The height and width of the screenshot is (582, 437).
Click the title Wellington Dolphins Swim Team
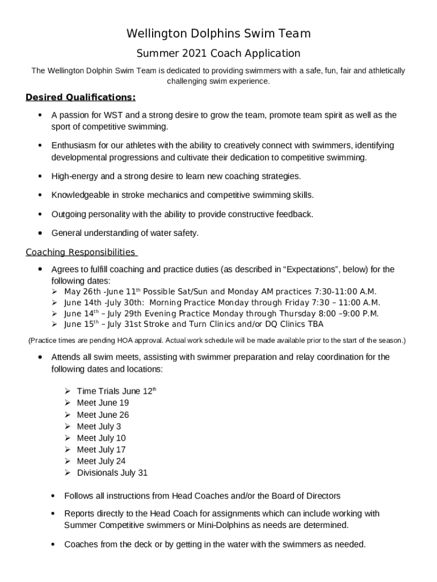pos(218,34)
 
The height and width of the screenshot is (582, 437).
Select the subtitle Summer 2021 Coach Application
pos(218,53)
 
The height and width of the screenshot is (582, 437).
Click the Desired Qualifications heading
pos(81,97)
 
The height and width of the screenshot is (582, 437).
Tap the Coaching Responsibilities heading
pos(81,252)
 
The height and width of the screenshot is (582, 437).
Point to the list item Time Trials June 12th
pos(116,391)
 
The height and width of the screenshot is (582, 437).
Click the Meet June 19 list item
pos(103,403)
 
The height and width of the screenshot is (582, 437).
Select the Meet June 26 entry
pos(103,415)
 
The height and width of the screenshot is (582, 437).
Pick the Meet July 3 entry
pos(99,426)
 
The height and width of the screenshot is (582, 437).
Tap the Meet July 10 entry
pos(101,438)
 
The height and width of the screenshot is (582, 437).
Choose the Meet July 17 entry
pos(101,450)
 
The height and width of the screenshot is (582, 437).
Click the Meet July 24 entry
pos(101,461)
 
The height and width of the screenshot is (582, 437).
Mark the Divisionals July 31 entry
pos(112,473)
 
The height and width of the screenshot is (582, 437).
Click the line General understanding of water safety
pos(125,233)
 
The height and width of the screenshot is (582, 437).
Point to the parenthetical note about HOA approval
pos(217,340)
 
